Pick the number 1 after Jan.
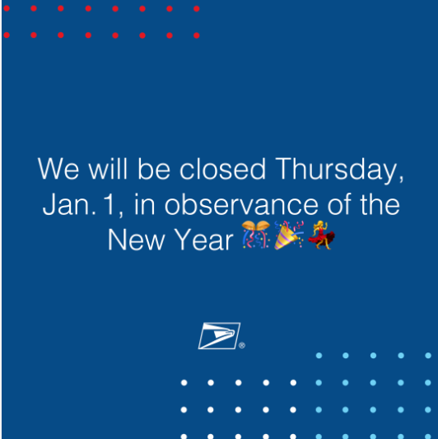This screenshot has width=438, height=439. (x=108, y=204)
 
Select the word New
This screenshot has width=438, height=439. (x=135, y=240)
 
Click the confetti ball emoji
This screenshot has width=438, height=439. (x=254, y=236)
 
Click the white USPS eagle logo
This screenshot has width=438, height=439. (x=218, y=335)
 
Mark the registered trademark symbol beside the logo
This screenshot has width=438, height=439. (x=242, y=346)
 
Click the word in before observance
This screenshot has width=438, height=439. (x=142, y=204)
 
